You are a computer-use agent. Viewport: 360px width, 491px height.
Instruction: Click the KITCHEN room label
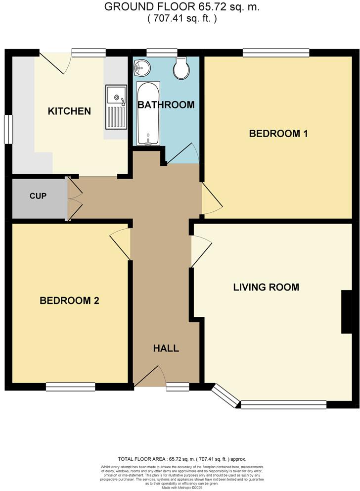point(69,111)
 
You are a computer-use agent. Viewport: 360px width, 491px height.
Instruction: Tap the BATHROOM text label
point(166,105)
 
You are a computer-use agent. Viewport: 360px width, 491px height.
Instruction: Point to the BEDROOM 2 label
point(70,300)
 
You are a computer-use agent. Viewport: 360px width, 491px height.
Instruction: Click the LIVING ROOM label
point(267,287)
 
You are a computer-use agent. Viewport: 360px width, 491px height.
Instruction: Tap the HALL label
point(166,348)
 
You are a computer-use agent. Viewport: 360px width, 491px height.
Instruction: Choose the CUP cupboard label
point(38,196)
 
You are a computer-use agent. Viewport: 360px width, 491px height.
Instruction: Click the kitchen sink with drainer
point(116,105)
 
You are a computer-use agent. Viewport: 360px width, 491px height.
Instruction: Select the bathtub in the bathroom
point(148,113)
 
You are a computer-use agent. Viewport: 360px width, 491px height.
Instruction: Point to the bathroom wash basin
point(142,68)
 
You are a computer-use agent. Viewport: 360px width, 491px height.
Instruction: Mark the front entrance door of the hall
point(150,376)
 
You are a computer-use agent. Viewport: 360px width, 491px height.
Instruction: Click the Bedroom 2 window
point(70,387)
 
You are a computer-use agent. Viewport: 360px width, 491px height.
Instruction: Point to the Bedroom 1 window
point(275,52)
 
